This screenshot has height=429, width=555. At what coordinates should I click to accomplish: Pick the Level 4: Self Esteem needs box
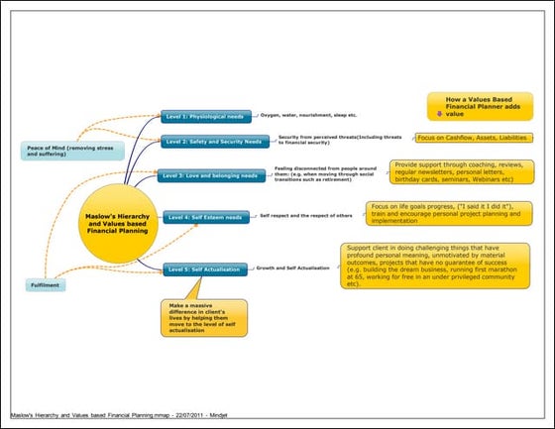point(206,216)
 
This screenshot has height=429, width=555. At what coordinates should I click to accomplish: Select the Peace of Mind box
point(62,151)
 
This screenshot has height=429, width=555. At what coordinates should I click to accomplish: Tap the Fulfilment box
point(46,286)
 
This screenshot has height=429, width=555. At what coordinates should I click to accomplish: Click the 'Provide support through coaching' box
point(461,173)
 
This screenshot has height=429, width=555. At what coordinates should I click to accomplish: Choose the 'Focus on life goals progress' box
point(450,214)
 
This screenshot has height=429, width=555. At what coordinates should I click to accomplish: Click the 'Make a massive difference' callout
point(204,318)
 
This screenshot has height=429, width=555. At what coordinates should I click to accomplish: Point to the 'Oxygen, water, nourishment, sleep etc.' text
point(301,117)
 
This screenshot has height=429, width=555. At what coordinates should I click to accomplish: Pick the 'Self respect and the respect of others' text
point(306,215)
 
